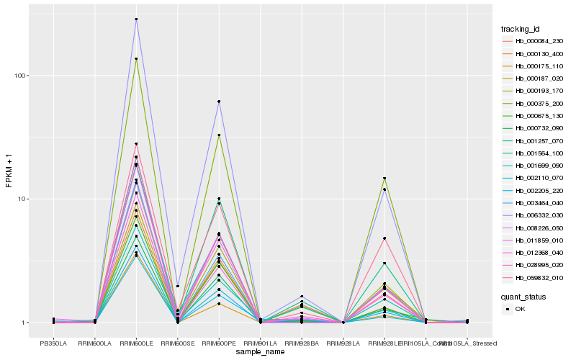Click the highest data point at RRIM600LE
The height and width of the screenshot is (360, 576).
click(x=136, y=19)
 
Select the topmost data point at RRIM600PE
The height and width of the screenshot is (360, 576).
click(x=219, y=102)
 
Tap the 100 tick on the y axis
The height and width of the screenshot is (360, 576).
click(x=24, y=76)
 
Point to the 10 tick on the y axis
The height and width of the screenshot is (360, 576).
click(x=26, y=199)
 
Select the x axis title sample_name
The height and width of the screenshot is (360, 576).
click(x=260, y=352)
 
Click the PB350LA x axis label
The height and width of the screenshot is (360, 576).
click(x=53, y=343)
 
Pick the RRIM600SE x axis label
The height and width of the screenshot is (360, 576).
click(x=178, y=343)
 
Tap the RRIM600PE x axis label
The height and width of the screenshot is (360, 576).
click(x=219, y=343)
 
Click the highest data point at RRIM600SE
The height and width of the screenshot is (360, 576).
click(x=178, y=286)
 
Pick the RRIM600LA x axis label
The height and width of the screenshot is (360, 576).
click(x=95, y=343)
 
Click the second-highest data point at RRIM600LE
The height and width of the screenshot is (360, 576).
click(x=136, y=59)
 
